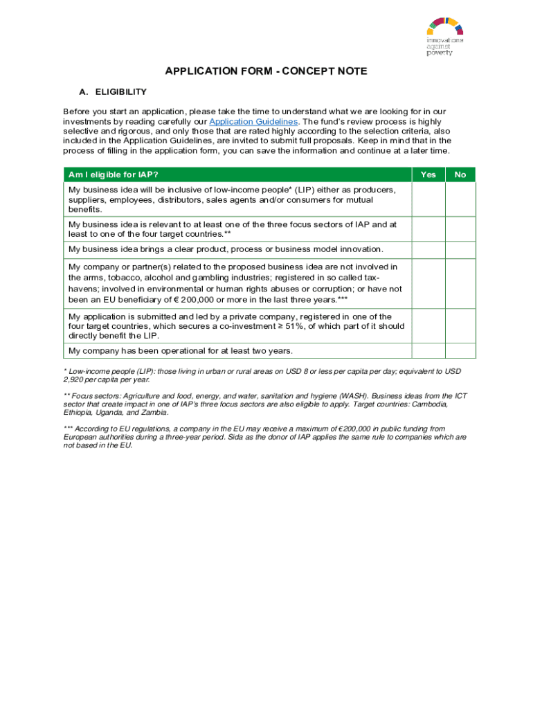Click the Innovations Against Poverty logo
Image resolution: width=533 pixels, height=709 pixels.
click(444, 37)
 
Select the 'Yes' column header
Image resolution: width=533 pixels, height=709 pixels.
click(428, 174)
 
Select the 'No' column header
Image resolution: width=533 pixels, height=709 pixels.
click(460, 174)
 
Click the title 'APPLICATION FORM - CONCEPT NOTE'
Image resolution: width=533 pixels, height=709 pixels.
click(266, 71)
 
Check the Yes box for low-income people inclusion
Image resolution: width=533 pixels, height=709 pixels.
click(428, 199)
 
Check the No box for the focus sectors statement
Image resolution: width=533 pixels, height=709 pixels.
click(460, 229)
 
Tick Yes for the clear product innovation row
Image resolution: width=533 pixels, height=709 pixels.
click(428, 250)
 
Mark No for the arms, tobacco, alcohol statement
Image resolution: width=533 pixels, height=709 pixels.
click(460, 283)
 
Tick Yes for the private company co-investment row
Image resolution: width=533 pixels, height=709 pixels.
click(428, 325)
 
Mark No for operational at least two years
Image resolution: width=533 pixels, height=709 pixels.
click(460, 351)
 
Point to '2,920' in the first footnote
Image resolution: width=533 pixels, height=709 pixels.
click(74, 380)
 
